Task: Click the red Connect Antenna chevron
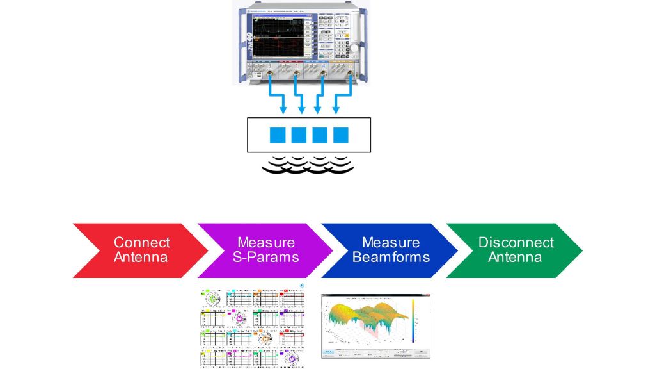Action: pos(138,250)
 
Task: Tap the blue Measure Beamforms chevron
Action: pos(388,250)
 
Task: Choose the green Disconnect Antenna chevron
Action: pos(512,250)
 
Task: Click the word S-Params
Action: pos(266,258)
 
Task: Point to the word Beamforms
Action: pos(391,258)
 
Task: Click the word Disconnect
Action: pos(516,243)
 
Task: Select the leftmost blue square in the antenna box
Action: pos(278,135)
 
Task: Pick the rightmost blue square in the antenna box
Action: pos(341,135)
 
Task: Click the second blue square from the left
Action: pos(299,135)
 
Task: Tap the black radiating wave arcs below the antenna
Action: pos(310,165)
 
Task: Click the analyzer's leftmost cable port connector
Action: pos(270,76)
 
